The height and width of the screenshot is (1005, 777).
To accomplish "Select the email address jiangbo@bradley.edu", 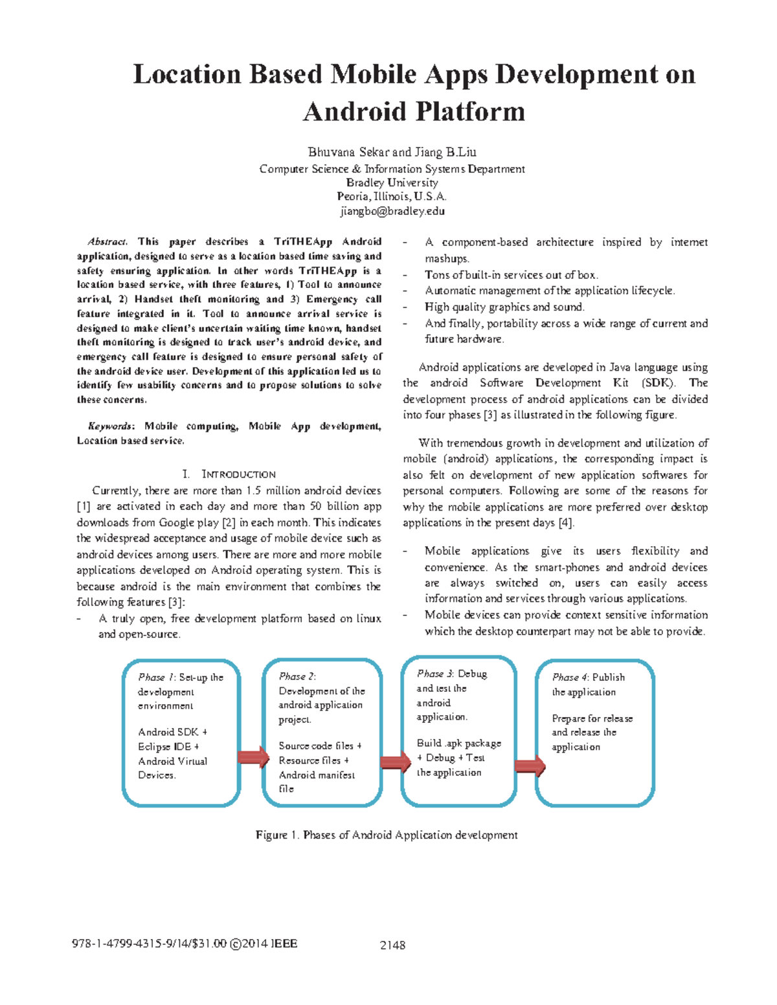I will click(x=392, y=211).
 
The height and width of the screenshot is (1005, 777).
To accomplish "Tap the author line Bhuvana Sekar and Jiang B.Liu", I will click(x=392, y=153).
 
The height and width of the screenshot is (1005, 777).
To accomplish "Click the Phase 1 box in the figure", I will click(x=181, y=733).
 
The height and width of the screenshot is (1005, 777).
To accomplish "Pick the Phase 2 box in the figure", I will click(x=322, y=733).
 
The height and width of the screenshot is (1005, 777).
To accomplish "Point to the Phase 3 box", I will click(x=458, y=731).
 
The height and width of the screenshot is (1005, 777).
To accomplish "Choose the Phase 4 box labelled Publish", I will click(x=594, y=733).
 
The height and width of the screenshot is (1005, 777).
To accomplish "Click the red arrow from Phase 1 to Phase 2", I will click(x=253, y=757).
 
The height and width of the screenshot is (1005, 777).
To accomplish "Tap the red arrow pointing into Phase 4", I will click(x=530, y=766).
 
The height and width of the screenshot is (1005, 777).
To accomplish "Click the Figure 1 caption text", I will click(x=387, y=835).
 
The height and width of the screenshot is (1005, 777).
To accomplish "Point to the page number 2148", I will click(x=392, y=945).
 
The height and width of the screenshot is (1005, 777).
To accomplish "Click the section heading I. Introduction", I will click(x=229, y=474).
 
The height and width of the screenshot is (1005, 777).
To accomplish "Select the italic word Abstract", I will click(x=107, y=242).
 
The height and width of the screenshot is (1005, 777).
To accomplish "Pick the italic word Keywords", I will click(x=111, y=426).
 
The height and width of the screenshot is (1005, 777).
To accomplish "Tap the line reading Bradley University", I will click(x=392, y=182).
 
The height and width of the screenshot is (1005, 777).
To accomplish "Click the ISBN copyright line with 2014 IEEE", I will click(x=185, y=944).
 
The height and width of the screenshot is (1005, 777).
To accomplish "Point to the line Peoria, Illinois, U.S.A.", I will click(x=392, y=197).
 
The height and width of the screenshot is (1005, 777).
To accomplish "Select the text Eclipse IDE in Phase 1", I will click(x=164, y=747).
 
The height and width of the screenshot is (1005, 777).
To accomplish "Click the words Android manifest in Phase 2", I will click(x=317, y=775).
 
